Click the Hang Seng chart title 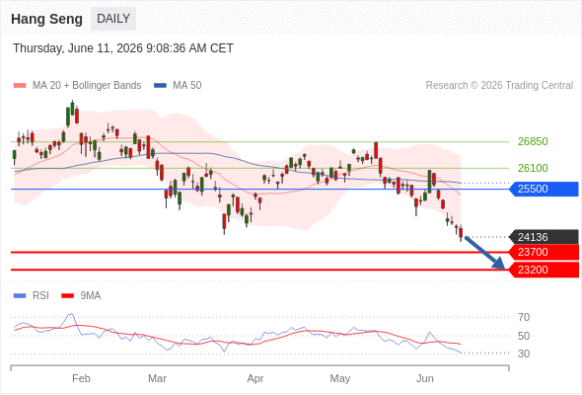tap(46, 19)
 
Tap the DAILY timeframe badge tap(113, 19)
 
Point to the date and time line tap(123, 48)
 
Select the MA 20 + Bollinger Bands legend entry tap(77, 86)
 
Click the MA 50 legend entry tap(178, 86)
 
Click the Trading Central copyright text tap(499, 86)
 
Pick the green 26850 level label tap(533, 141)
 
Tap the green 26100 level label tap(533, 168)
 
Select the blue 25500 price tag tap(544, 190)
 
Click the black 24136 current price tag tap(544, 237)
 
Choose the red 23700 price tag tap(544, 253)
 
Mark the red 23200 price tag tap(544, 270)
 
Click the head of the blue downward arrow tap(504, 268)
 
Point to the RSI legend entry tap(32, 296)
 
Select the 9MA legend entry tap(81, 296)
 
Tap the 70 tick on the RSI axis tap(524, 317)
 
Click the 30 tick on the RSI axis tap(524, 354)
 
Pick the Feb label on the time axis tap(81, 378)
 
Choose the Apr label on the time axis tap(255, 378)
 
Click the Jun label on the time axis tap(425, 378)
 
